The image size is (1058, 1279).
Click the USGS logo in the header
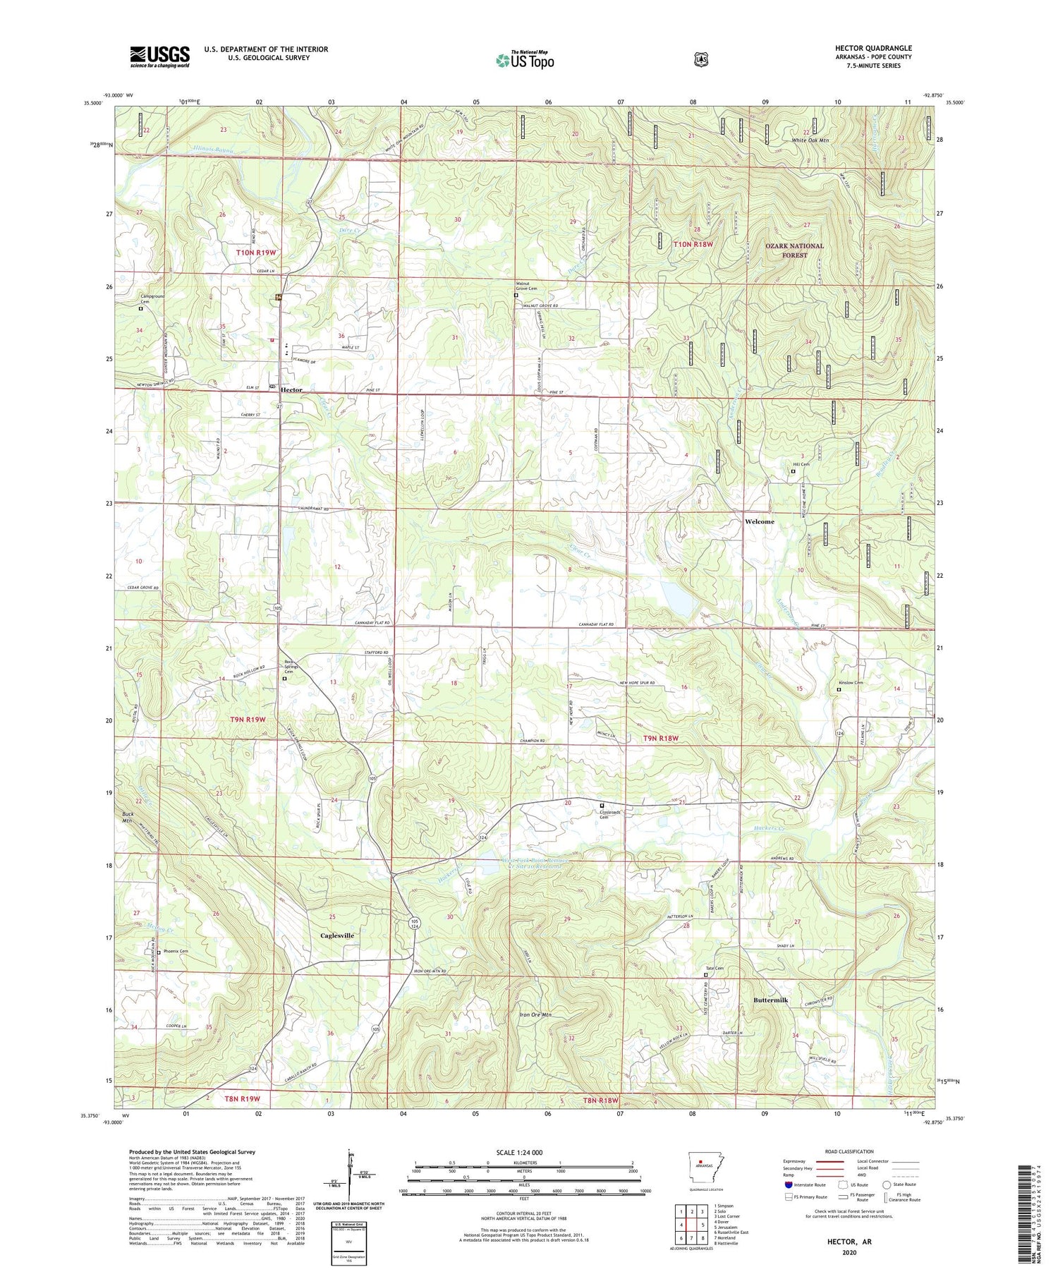click(159, 56)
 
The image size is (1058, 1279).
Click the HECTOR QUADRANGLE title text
click(872, 48)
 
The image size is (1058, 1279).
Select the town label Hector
click(291, 389)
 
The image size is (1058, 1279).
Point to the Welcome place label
click(759, 521)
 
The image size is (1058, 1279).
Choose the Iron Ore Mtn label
click(535, 1014)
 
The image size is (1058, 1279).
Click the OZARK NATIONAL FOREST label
click(794, 250)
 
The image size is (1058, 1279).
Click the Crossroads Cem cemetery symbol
click(602, 805)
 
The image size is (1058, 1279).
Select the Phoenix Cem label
click(175, 952)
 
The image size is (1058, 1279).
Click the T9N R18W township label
click(660, 738)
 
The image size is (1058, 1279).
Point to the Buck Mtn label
click(128, 818)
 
